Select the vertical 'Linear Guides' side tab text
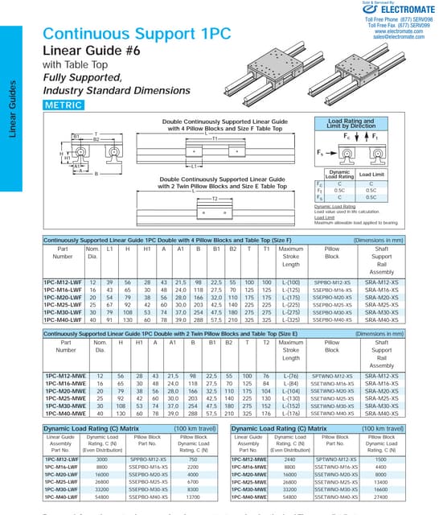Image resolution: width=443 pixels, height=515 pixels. click(13, 108)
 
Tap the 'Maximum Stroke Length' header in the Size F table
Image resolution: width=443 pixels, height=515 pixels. click(290, 257)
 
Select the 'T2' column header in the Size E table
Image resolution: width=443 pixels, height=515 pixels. click(266, 343)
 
